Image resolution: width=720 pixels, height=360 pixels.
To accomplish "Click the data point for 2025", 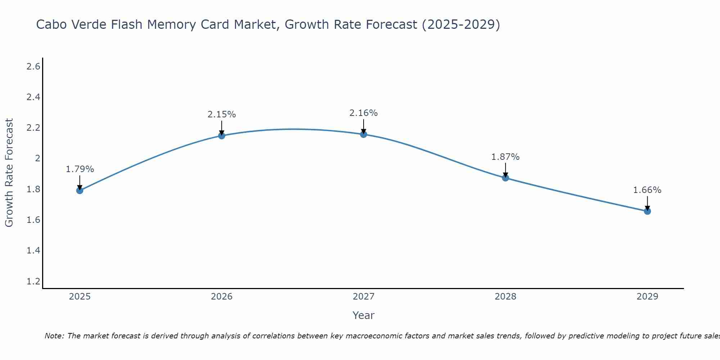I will coord(80,190).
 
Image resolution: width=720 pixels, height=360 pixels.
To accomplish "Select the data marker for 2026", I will coord(222,136).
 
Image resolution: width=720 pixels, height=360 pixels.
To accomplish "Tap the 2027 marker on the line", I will coord(364,134).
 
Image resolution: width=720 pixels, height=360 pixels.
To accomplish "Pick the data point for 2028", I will coord(505,178).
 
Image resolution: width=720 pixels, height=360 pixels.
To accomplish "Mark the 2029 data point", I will coord(647,211).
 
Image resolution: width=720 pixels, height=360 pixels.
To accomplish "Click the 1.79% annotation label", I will coord(80,169).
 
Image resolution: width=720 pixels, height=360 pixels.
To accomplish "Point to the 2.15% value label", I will coord(222,114).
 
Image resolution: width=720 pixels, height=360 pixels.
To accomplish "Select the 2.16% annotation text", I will coord(364,113).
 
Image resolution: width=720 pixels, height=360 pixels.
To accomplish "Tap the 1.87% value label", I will coord(505,157).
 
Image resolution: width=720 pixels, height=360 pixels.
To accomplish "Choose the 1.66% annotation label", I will coord(647,190).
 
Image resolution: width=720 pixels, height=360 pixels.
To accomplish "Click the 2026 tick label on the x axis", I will coord(222,297).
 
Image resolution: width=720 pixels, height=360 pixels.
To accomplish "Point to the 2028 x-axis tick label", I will coord(505,297).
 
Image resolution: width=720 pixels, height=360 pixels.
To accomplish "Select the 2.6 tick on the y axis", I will coord(33,67).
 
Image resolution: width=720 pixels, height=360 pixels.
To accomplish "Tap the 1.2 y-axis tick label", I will coord(33,281).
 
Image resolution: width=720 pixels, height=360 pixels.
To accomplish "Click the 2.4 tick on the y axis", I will coord(33,97).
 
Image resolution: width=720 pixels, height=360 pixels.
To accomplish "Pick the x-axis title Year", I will coord(364,315).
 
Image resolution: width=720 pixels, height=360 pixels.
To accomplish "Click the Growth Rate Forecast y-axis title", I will coord(9,173).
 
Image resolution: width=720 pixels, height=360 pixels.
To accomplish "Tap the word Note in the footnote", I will coord(54,336).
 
